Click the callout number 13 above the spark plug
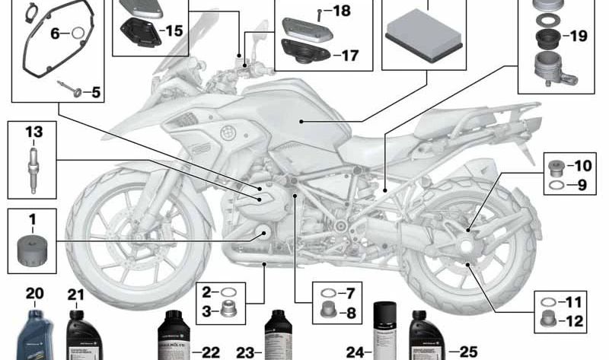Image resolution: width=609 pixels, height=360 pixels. (33, 132)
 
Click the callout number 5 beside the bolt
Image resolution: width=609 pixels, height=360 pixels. (95, 93)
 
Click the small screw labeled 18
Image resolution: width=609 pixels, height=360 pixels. (320, 11)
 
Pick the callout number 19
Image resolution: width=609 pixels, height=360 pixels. (578, 36)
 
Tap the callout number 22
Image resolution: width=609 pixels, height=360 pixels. (210, 352)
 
